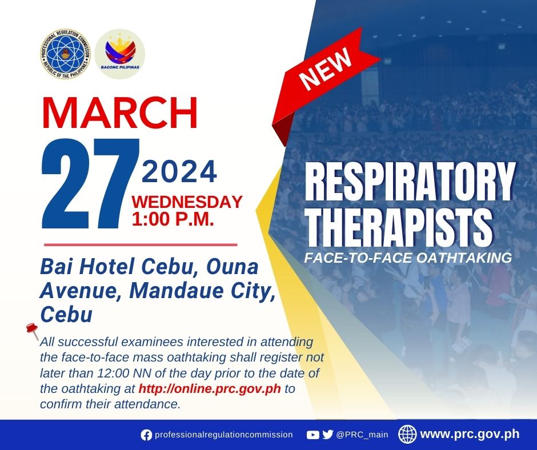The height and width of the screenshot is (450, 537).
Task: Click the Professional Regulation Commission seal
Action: coord(65,54)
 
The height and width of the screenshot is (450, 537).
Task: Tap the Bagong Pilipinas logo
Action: coord(120,54)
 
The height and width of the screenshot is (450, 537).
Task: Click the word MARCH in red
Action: coord(120,112)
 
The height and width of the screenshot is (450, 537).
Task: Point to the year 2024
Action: coord(179,172)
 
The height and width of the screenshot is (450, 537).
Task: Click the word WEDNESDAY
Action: coord(187,202)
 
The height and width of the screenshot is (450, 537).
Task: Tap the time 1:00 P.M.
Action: coord(173,219)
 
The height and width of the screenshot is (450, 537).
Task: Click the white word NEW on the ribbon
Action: coord(326,68)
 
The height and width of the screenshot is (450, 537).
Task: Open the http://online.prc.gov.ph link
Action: coord(210,389)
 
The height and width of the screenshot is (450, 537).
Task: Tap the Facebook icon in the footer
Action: coord(146,435)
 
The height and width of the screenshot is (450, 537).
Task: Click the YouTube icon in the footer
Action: coord(312,435)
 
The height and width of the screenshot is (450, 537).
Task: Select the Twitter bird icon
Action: coord(328,435)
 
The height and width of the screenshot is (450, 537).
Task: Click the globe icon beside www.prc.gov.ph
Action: coord(407,434)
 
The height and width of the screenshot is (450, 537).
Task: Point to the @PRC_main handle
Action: coord(362,435)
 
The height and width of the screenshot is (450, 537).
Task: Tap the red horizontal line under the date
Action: coord(141,245)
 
